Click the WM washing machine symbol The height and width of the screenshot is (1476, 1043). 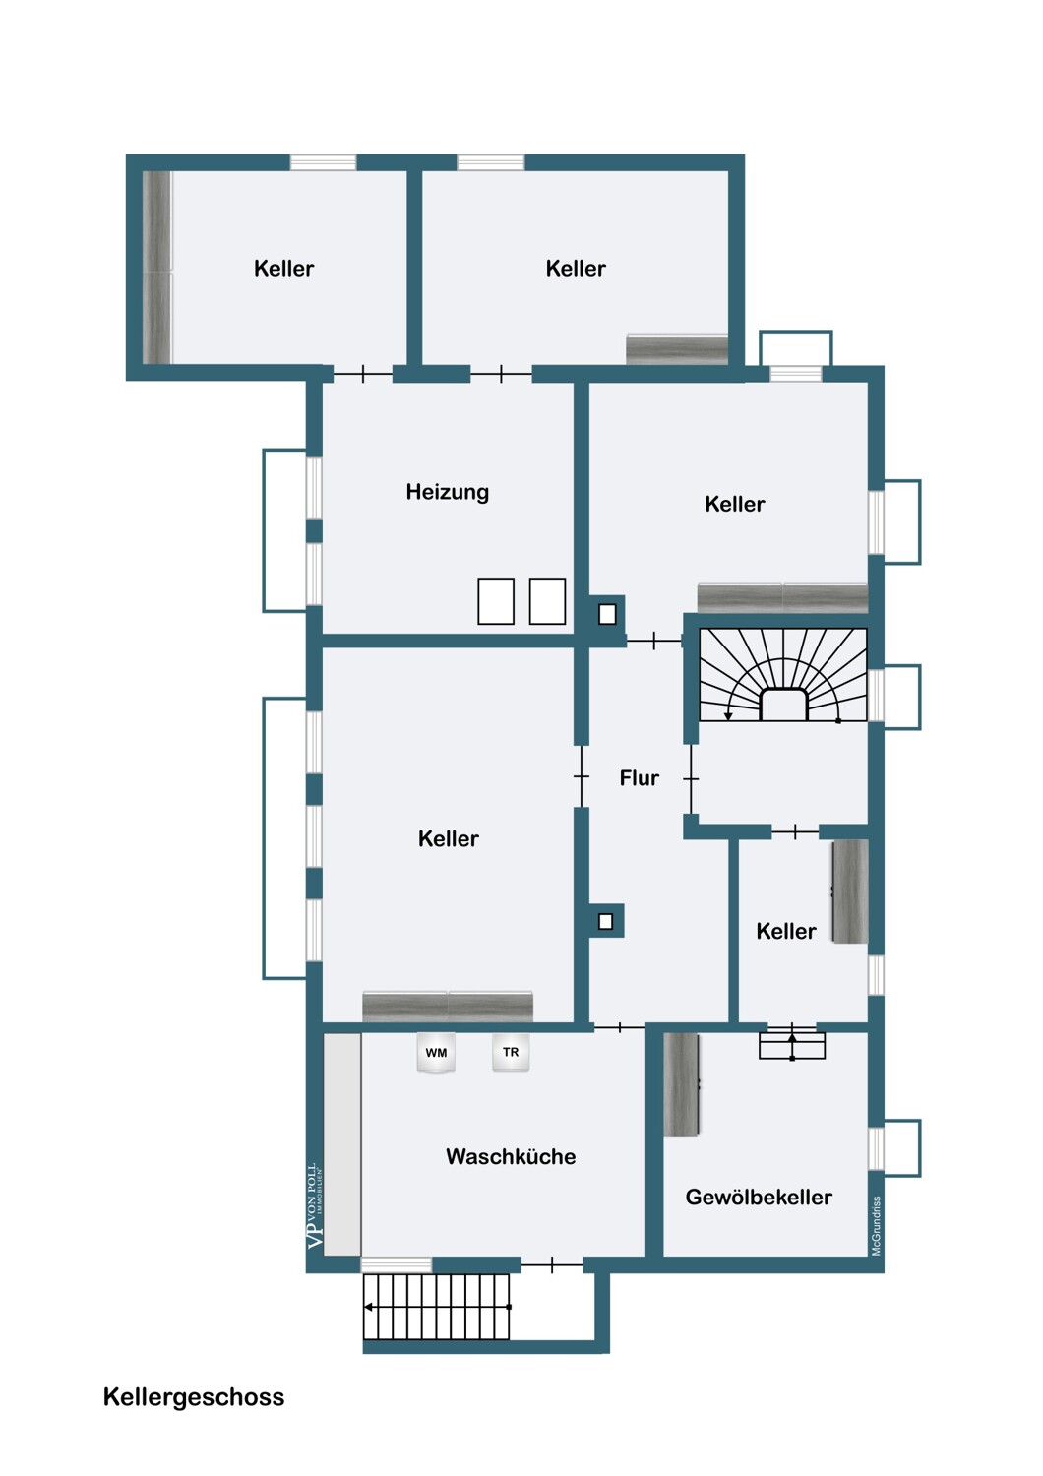[436, 1053]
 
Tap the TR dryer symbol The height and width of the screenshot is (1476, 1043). [511, 1053]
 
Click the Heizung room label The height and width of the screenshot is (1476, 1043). [447, 492]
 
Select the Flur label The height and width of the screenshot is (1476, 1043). [639, 778]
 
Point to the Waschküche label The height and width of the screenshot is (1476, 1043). [511, 1157]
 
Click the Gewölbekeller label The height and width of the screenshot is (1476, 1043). [759, 1198]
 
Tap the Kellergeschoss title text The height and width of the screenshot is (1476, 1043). [194, 1397]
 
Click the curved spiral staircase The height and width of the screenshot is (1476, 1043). [783, 675]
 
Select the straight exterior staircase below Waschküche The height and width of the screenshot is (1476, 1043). [437, 1307]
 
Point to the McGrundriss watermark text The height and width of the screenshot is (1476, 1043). [877, 1226]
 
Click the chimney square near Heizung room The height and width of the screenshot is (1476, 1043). [607, 614]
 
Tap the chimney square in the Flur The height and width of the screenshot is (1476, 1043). [606, 922]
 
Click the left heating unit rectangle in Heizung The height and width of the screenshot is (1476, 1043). [496, 601]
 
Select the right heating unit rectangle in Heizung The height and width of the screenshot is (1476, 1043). [547, 601]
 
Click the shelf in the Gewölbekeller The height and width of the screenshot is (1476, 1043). [681, 1084]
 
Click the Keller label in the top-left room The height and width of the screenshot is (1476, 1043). [283, 269]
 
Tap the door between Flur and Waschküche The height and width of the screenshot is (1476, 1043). [620, 1027]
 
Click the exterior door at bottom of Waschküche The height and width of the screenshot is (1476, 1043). [552, 1264]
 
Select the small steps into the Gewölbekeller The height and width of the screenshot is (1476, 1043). [792, 1044]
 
